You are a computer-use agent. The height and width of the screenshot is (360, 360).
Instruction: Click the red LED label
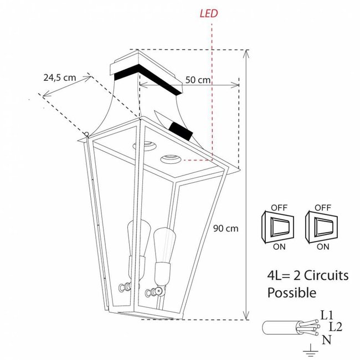point(209,11)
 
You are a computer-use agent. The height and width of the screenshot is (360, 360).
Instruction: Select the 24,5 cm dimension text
point(59,78)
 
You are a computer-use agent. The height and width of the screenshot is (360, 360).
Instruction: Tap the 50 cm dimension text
point(198,80)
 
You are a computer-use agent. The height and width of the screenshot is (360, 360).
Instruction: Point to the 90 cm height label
point(225,228)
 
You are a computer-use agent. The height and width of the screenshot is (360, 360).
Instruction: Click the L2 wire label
point(335,327)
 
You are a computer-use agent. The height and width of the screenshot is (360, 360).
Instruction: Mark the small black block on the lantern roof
point(181,131)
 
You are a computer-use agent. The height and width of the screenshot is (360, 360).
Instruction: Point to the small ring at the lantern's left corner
point(86,133)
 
